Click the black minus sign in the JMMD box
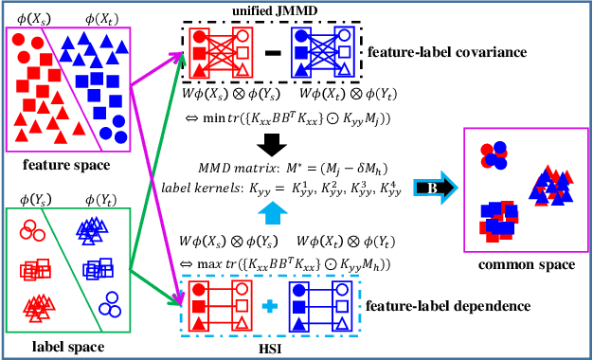(x=271, y=50)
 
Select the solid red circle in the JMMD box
(x=200, y=34)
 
